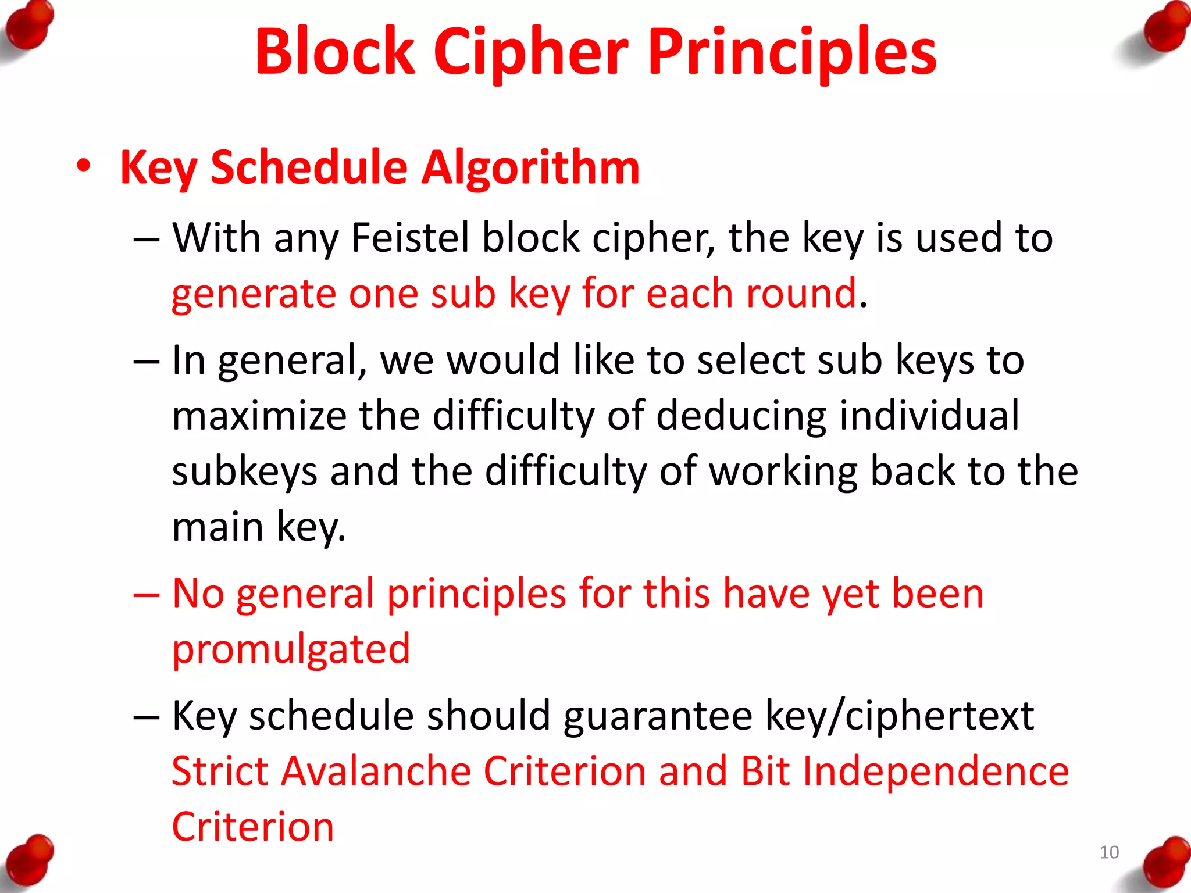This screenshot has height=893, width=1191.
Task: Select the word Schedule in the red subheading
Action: point(309,167)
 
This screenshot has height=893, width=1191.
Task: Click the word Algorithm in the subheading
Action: point(530,167)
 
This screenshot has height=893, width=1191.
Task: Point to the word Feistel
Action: point(410,238)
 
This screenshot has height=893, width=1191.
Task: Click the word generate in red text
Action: point(254,293)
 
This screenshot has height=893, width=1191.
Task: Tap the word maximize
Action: point(259,415)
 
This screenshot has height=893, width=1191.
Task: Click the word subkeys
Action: point(245,471)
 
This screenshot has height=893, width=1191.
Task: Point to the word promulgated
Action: point(291,649)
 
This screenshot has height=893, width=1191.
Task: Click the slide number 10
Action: point(1109,852)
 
